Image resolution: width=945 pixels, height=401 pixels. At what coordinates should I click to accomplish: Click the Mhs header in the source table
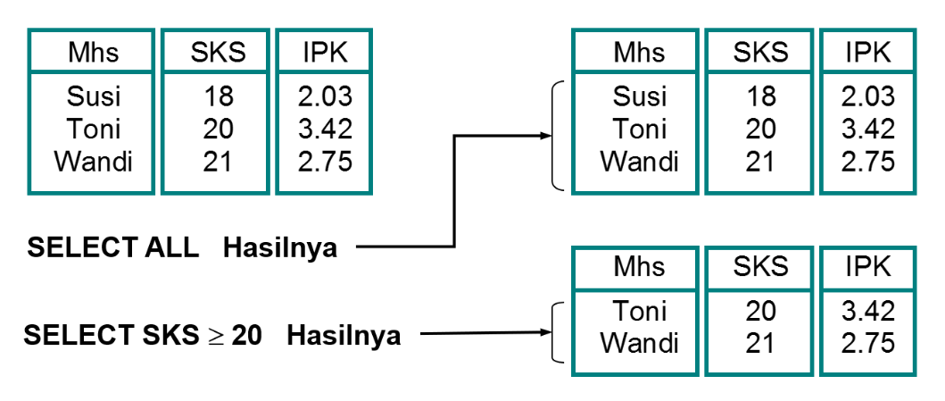[93, 52]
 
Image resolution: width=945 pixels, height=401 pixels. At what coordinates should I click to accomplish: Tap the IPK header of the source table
[324, 52]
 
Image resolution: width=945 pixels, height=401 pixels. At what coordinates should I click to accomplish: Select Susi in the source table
[93, 96]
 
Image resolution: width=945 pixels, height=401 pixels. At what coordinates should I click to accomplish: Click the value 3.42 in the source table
[324, 129]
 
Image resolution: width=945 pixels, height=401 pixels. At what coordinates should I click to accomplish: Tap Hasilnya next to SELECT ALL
[280, 247]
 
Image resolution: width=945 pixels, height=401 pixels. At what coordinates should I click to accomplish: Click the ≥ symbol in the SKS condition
[216, 337]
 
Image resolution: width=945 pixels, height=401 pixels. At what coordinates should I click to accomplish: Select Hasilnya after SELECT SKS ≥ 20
[344, 337]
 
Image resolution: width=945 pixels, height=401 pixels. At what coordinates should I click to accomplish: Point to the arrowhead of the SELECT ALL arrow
[545, 136]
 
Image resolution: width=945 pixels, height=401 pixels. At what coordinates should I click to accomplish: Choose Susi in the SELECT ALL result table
[639, 96]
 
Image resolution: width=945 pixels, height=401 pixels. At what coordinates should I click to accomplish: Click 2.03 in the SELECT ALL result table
[868, 96]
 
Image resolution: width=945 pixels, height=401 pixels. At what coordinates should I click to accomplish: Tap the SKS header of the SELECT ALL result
[760, 52]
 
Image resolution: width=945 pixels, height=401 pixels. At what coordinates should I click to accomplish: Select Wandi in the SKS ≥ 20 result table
[639, 344]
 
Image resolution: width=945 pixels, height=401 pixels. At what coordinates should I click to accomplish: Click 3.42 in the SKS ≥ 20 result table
[868, 312]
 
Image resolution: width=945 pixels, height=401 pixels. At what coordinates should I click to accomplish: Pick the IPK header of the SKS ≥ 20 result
[868, 266]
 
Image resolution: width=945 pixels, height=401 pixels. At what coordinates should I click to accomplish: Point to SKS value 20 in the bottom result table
[760, 312]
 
